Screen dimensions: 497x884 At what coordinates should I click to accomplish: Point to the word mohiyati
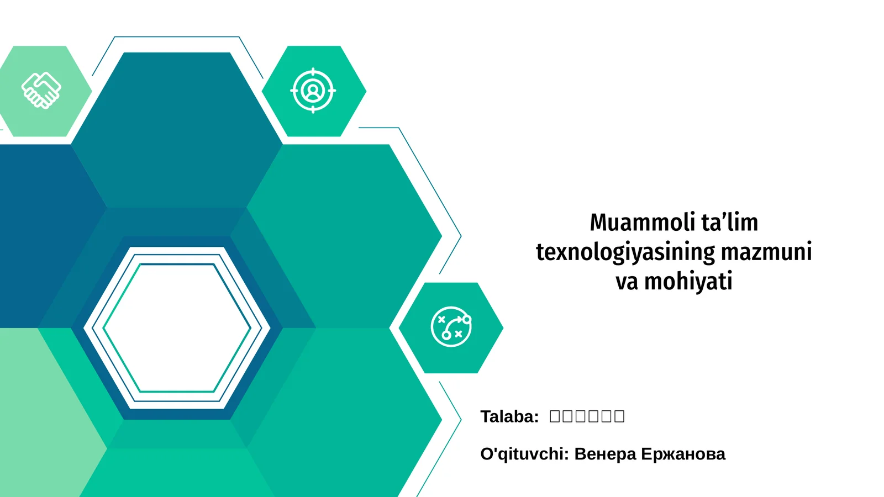[688, 282]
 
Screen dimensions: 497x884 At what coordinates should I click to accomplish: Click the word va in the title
[627, 282]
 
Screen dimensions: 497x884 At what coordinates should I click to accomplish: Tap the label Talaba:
[509, 416]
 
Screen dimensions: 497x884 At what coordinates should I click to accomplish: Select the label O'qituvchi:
[524, 454]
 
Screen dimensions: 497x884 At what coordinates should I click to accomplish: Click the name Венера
[605, 454]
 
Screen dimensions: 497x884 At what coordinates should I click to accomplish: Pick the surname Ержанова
[683, 454]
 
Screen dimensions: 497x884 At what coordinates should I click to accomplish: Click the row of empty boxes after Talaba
[587, 416]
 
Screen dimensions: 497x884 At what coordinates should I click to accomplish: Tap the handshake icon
[41, 90]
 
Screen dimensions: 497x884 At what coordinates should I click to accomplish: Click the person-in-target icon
[313, 91]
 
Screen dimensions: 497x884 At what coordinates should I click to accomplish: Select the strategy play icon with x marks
[451, 327]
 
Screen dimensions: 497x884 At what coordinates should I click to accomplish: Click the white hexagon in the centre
[177, 328]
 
